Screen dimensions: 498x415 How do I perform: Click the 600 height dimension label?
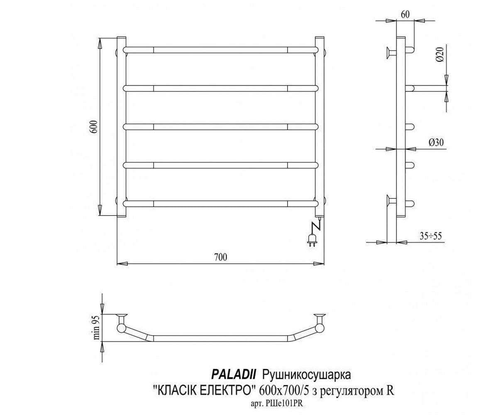(x=95, y=127)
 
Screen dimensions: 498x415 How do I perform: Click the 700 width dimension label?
(x=221, y=257)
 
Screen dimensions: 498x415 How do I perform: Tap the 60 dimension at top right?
(x=405, y=15)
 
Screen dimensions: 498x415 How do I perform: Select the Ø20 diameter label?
(x=440, y=55)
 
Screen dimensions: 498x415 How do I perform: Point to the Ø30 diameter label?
(x=436, y=143)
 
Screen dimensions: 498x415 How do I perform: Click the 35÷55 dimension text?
(x=431, y=237)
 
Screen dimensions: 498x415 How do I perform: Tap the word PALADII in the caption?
(x=234, y=375)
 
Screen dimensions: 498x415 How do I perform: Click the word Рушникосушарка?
(x=307, y=375)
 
